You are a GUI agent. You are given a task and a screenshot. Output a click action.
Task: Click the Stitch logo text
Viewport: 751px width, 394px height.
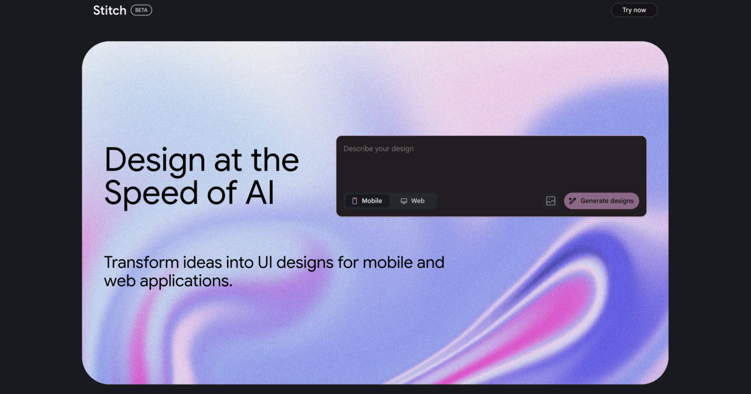[110, 11]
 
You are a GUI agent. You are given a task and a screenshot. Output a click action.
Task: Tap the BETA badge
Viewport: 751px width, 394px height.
[141, 10]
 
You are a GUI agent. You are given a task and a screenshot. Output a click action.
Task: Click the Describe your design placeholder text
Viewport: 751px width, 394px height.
[378, 149]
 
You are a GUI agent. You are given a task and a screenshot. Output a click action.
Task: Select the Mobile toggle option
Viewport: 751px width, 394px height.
[367, 201]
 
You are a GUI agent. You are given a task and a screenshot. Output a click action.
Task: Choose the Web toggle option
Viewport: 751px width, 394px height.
[412, 201]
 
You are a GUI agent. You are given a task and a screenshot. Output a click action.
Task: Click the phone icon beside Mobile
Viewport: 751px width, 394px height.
[354, 201]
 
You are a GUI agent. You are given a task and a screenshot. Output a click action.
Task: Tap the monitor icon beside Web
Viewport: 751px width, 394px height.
[404, 201]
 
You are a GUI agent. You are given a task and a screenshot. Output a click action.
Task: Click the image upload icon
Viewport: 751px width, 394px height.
[550, 201]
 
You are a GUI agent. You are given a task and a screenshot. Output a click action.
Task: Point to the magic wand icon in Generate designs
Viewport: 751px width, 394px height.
[573, 201]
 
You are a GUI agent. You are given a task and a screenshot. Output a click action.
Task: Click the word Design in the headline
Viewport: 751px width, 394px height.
[155, 161]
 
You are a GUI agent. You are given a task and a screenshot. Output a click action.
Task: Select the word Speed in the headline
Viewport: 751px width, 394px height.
[151, 193]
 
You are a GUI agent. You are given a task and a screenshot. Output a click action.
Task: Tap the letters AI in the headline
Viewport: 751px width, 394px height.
[260, 193]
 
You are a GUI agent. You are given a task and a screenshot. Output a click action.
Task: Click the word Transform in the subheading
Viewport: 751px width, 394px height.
[141, 262]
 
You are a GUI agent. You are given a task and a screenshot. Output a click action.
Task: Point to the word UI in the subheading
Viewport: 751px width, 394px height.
[265, 262]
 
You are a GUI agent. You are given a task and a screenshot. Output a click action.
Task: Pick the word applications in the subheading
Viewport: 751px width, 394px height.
[186, 281]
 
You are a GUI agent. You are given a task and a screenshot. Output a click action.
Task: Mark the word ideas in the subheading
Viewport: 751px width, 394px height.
[202, 262]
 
